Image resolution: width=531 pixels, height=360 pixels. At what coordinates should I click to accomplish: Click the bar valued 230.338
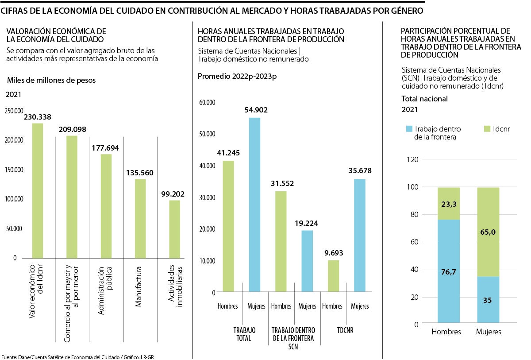pos(38,190)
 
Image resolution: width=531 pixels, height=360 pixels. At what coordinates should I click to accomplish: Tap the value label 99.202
pos(173,194)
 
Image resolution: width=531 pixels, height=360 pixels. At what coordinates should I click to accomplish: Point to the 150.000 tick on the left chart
pos(14,170)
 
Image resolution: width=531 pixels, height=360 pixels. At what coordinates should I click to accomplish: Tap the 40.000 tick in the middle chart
pos(207,166)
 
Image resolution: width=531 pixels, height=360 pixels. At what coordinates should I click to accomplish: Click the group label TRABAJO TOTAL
pos(242,334)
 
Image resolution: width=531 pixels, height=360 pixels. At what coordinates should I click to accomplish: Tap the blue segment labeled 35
pos(488,300)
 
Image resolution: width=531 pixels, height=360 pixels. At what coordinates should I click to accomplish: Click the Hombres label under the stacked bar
pos(446,332)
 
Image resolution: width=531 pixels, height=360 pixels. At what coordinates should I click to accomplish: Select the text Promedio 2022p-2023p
pos(237,76)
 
